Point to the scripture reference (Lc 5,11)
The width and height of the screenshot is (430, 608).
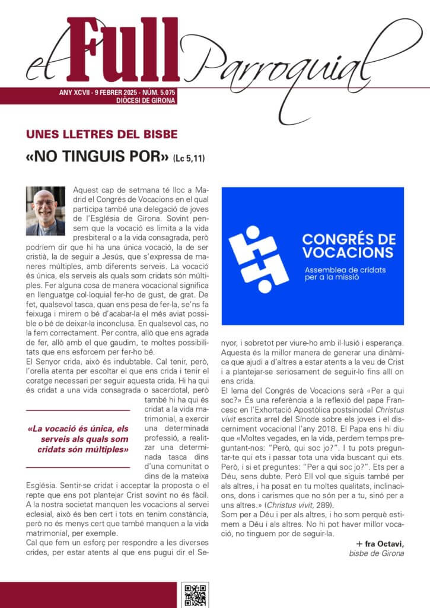pos(190,159)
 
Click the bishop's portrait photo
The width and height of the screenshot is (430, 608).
pos(44,212)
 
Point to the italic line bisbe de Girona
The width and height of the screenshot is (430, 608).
pos(376,553)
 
